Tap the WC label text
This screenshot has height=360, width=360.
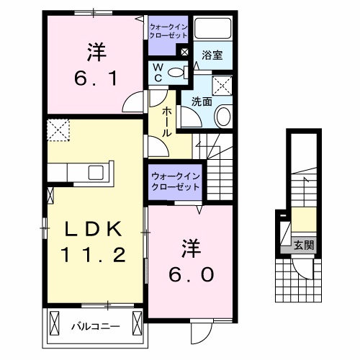(158, 71)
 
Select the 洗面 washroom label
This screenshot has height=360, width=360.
(201, 102)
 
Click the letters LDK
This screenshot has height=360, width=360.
(95, 229)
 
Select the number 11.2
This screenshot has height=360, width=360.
(95, 254)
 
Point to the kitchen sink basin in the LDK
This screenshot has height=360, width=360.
(95, 172)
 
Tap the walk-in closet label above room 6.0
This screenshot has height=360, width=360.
(175, 179)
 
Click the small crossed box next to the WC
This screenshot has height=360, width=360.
(184, 52)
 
